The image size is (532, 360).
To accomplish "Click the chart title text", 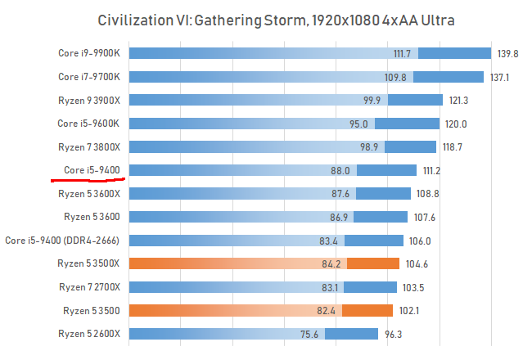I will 265,20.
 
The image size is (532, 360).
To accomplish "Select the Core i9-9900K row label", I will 89,53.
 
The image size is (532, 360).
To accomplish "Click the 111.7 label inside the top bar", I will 402,54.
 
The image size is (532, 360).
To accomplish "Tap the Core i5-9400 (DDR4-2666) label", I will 63,241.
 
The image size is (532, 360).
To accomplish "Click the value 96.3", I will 397,334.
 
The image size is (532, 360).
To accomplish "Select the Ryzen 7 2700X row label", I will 89,287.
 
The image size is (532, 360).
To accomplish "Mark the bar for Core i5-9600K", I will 246,124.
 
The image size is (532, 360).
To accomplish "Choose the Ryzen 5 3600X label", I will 89,194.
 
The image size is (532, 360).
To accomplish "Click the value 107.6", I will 426,218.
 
